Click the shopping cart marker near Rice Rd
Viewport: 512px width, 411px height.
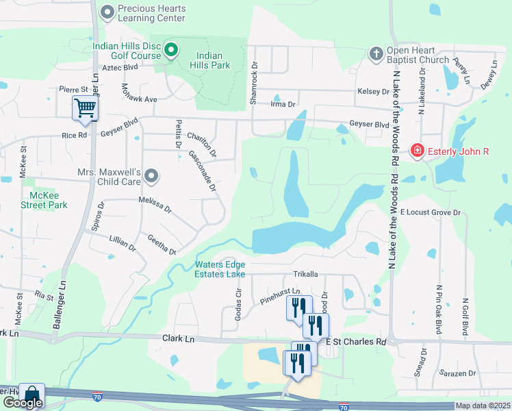tap(85, 108)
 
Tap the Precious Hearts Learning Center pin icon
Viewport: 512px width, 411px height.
tap(107, 12)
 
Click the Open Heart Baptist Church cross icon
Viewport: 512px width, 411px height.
tap(376, 53)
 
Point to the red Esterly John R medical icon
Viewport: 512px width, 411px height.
tap(416, 150)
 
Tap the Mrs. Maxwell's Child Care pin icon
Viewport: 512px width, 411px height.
tap(152, 177)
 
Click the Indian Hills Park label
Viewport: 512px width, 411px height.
tap(214, 60)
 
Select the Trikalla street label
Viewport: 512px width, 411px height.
tap(306, 274)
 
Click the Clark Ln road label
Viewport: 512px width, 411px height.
tap(179, 338)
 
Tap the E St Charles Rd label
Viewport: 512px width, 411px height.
tap(356, 341)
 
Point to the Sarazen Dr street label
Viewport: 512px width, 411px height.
tap(457, 373)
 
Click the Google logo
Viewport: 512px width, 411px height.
tap(23, 403)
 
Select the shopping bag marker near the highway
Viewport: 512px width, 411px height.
tap(31, 395)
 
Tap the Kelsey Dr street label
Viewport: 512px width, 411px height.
tap(373, 91)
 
